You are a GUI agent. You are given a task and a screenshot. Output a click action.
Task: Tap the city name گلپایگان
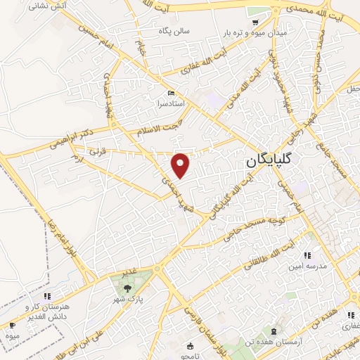point(280,161)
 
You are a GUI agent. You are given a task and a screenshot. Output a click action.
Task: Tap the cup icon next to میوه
point(11,326)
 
